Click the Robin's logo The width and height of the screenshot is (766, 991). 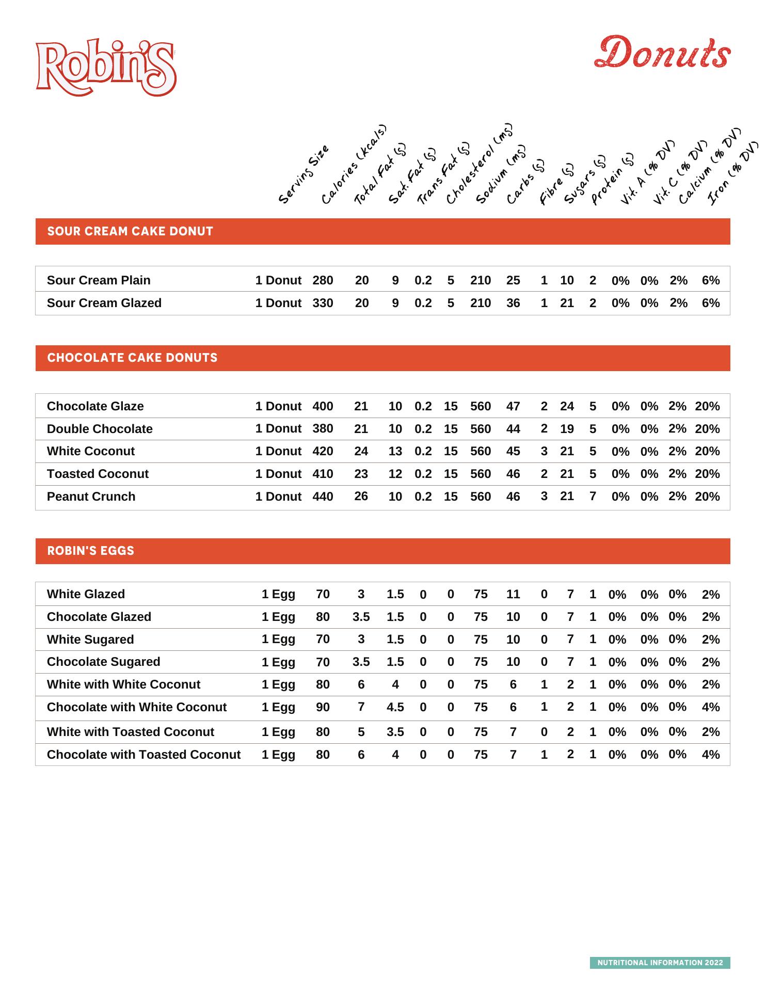pos(106,67)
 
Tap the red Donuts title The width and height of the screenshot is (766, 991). pos(662,53)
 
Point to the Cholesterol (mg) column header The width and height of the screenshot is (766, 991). pos(479,164)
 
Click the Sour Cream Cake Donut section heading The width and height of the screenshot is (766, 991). pos(130,231)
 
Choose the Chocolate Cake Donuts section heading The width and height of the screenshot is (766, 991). pos(132,358)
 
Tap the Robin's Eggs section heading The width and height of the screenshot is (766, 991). pos(90,551)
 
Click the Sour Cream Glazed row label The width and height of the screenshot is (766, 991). pos(104,303)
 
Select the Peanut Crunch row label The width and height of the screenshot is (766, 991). pos(91,497)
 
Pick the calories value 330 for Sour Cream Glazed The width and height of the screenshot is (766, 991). pos(323,303)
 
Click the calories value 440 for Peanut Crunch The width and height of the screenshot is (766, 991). pos(323,497)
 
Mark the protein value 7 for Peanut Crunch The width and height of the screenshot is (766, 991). pos(593,496)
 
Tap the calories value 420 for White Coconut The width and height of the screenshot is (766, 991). pos(323,451)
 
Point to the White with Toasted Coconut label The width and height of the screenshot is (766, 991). pos(130,732)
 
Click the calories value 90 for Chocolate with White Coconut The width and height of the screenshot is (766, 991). pos(323,707)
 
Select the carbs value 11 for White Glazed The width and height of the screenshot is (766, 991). pos(513,594)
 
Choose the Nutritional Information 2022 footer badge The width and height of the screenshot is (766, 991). pos(660,963)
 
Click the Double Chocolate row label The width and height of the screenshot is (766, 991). pos(100,429)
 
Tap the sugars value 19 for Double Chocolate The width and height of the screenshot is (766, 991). pos(567,429)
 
